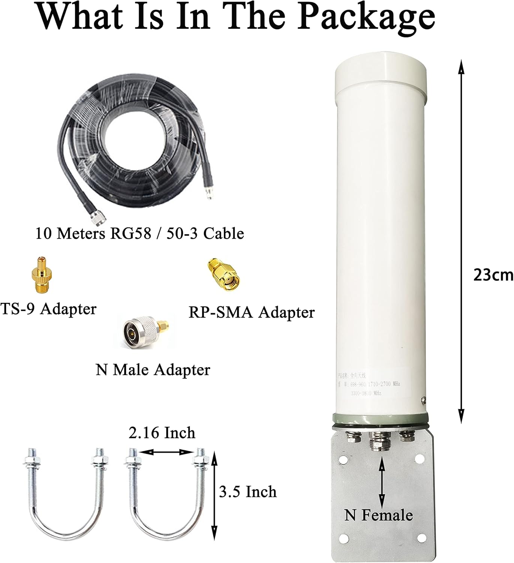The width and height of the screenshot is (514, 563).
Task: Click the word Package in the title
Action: coord(366,17)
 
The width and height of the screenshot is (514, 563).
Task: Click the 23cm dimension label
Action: coord(493,275)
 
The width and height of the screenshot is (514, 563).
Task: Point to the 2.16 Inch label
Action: coord(162,433)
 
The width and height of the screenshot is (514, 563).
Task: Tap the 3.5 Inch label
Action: coord(248,492)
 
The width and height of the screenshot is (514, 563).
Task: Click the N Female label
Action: coord(379,515)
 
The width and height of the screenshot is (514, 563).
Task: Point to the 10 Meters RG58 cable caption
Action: coord(139,233)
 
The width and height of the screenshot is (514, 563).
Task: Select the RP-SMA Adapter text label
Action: coord(251,312)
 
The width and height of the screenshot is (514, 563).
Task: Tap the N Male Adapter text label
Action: coord(153,370)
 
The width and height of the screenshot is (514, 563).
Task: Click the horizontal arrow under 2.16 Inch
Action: coord(165,452)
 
